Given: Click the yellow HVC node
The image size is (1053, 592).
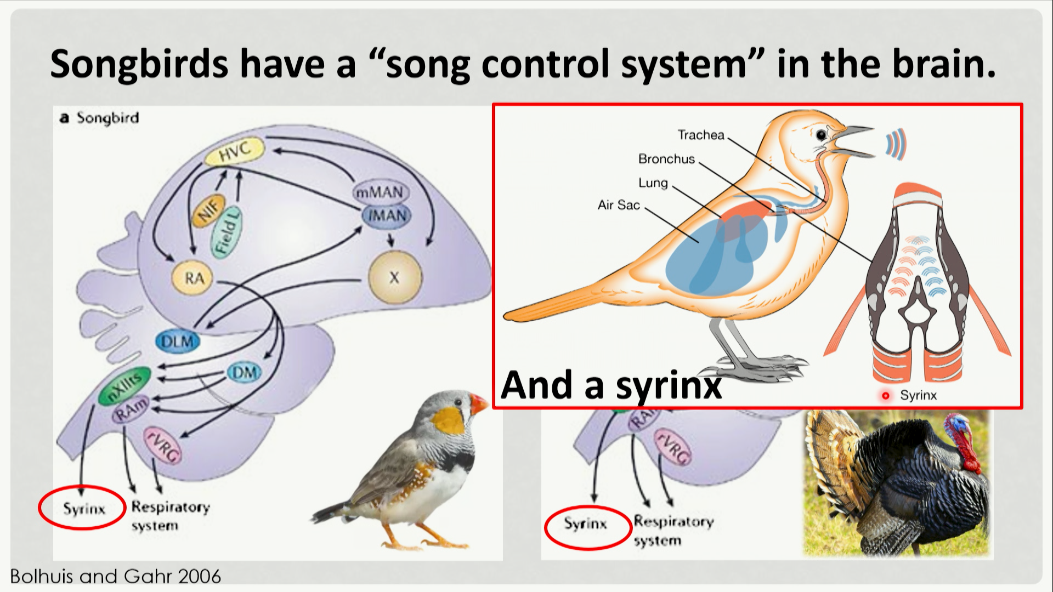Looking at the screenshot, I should (234, 151).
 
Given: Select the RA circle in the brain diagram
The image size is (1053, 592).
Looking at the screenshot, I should (194, 278).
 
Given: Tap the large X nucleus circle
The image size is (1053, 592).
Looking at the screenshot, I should (394, 277).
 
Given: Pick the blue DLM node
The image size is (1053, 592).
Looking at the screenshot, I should (177, 341).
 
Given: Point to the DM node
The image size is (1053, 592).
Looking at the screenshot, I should (244, 373).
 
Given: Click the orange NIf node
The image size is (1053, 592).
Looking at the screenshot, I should (208, 210).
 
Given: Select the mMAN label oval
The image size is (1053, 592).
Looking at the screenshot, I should (380, 192).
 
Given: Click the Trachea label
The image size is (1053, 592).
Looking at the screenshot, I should (700, 135).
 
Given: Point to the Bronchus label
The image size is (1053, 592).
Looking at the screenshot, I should (666, 159).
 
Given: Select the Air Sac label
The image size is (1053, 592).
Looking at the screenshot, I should (619, 205).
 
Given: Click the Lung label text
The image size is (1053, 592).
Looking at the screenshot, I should (653, 183).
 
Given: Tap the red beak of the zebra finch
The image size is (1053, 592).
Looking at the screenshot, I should (478, 404).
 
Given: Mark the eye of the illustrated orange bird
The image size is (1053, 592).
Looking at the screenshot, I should (821, 135).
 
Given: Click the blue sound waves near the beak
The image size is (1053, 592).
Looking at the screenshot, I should (895, 145).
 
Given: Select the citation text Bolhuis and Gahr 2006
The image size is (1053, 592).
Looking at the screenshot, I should (115, 576).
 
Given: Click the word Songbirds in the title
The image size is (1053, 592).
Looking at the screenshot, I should (139, 64).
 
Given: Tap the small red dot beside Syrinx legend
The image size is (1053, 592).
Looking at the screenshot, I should (885, 395).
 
